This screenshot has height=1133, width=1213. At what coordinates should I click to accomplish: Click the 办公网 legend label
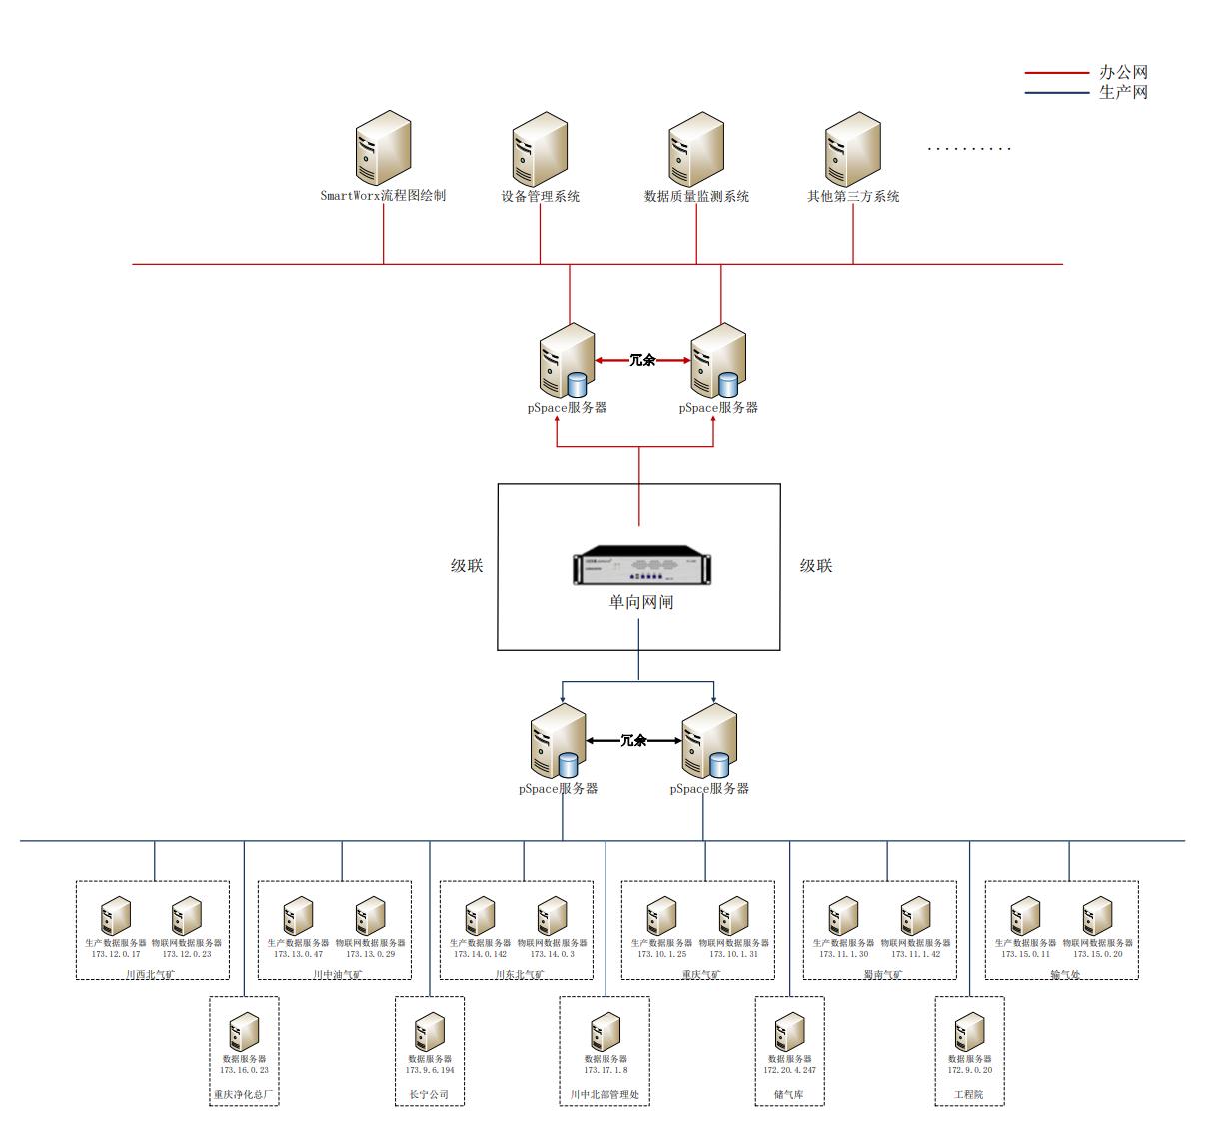coord(1123,72)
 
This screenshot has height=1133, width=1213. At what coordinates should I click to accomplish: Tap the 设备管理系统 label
coord(540,196)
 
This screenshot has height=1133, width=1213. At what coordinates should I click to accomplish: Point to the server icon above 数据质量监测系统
coord(696,151)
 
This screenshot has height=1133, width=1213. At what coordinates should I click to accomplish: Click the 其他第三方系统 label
coord(853,196)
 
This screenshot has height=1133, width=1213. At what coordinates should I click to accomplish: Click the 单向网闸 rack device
coord(639,566)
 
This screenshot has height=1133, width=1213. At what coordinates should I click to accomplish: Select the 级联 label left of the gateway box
coord(467,566)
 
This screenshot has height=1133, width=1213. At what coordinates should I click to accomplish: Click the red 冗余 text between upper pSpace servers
coord(643,360)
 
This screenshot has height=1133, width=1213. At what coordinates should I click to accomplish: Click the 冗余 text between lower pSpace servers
coord(634,740)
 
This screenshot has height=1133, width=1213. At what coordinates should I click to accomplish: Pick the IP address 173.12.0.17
coord(116,954)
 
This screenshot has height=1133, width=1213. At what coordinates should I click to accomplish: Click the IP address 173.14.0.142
coord(480,954)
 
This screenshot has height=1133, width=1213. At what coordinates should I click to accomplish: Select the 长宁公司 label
coord(429,1094)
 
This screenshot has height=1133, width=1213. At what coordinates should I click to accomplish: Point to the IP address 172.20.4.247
coord(789,1070)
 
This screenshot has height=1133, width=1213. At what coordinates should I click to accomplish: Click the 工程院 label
coord(969,1094)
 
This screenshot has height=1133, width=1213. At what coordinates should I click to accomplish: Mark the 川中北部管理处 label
coord(605,1094)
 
